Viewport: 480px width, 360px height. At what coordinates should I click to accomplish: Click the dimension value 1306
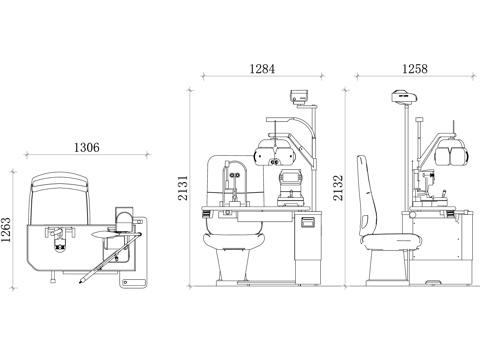pyautogui.click(x=86, y=147)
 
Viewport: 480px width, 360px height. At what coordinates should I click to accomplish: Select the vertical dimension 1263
pyautogui.click(x=6, y=230)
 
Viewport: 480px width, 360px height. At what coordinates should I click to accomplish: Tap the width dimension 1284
pyautogui.click(x=262, y=69)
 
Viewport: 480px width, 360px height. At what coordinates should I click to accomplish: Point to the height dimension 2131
pyautogui.click(x=183, y=188)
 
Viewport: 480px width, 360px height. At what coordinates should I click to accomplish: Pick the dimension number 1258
pyautogui.click(x=415, y=69)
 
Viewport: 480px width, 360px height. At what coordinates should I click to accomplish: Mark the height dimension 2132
pyautogui.click(x=338, y=188)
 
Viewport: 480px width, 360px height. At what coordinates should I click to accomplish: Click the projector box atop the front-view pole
pyautogui.click(x=298, y=97)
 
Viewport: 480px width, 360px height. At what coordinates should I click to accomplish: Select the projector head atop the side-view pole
pyautogui.click(x=405, y=96)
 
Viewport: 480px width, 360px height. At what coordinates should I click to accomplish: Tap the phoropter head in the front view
pyautogui.click(x=275, y=154)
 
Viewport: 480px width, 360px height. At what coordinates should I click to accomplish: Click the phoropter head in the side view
pyautogui.click(x=451, y=152)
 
